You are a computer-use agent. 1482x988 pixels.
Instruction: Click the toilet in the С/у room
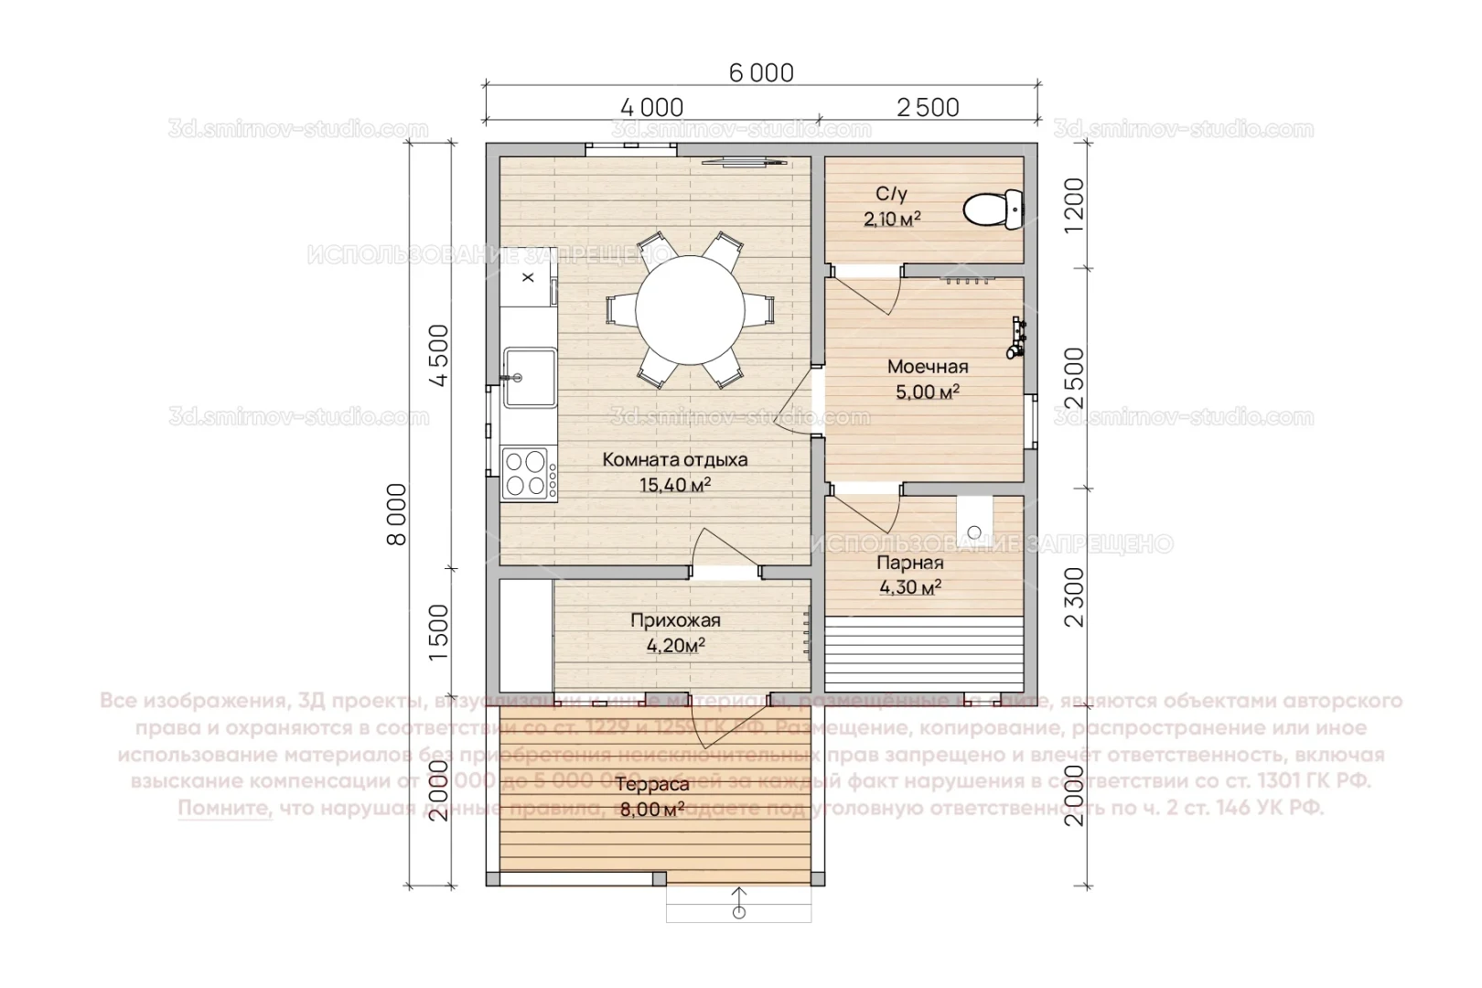click(x=993, y=209)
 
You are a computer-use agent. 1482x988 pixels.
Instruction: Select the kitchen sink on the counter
click(x=530, y=376)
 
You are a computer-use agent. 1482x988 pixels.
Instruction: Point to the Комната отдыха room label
click(x=674, y=460)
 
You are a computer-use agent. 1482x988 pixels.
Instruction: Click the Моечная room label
click(x=927, y=368)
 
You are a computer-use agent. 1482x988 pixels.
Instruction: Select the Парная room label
click(x=909, y=564)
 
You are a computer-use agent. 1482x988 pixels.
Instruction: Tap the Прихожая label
click(x=675, y=621)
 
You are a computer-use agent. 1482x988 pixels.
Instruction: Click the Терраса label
click(x=651, y=786)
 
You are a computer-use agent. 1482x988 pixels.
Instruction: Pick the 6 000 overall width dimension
click(x=761, y=72)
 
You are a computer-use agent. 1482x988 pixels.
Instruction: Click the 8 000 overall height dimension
click(x=397, y=514)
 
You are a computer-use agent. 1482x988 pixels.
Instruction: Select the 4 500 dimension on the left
click(x=440, y=356)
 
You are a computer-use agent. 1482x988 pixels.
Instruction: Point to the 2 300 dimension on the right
click(x=1075, y=596)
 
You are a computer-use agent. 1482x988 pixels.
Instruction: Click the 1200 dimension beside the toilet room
click(x=1075, y=205)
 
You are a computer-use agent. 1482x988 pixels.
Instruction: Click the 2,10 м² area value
click(x=891, y=220)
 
